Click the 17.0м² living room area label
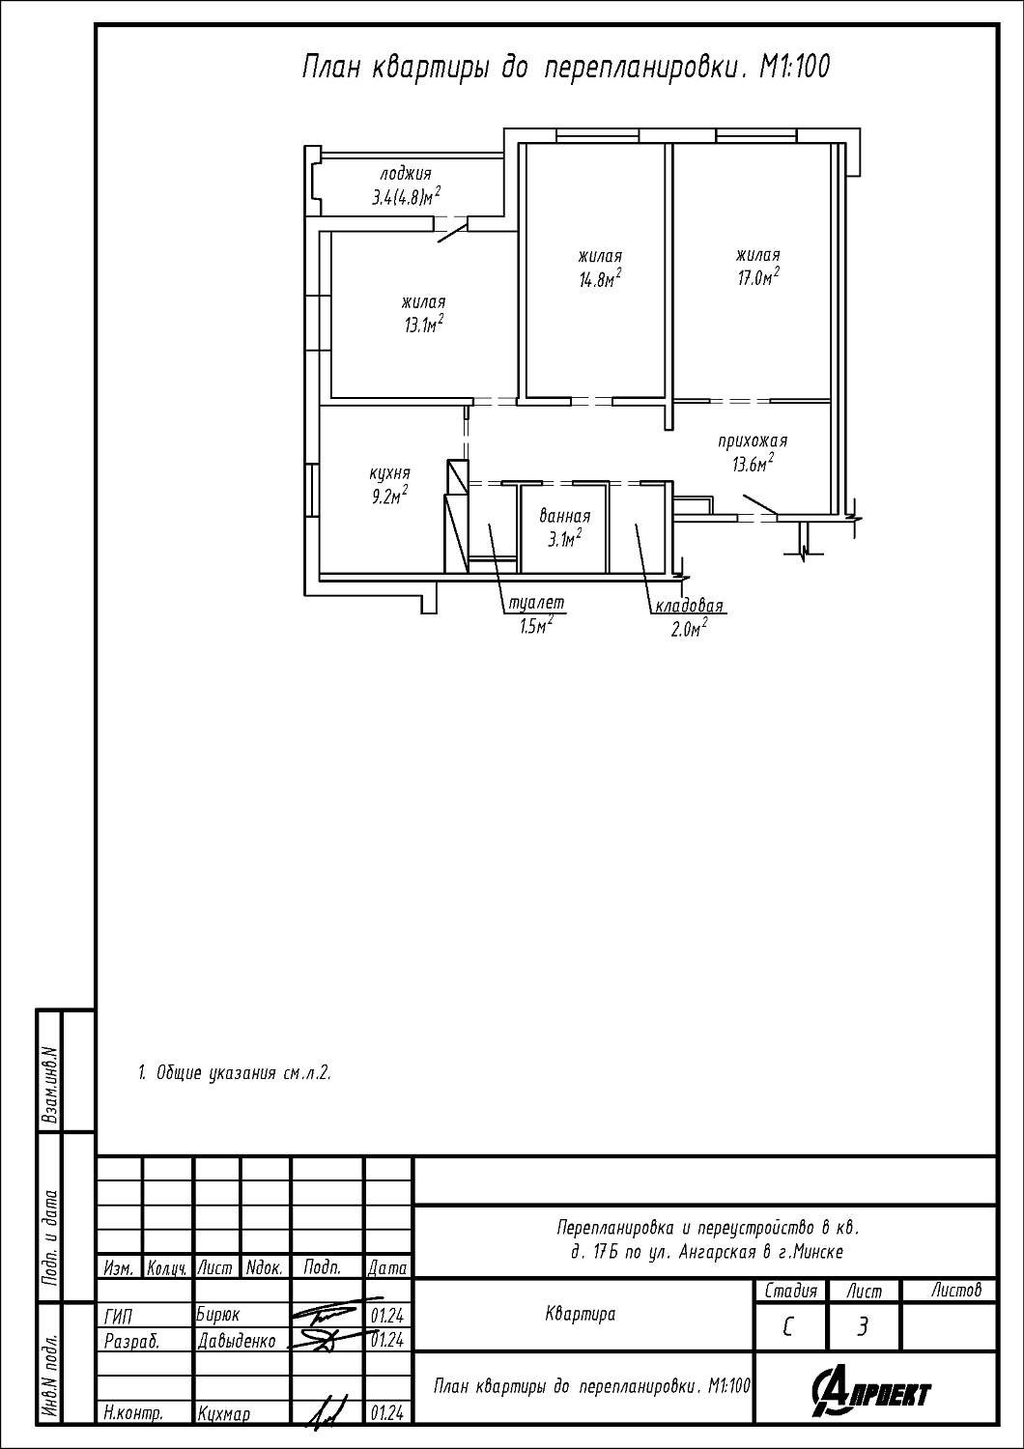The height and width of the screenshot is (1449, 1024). tap(757, 277)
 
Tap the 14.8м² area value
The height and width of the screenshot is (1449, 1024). tap(600, 279)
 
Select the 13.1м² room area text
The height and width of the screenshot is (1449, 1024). tap(424, 324)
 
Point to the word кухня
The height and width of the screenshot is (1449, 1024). tap(389, 473)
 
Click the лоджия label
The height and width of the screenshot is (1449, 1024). tap(406, 173)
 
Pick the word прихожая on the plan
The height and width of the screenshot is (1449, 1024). tap(753, 441)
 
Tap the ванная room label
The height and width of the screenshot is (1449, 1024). tap(565, 516)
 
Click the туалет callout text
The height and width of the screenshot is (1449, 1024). tap(536, 602)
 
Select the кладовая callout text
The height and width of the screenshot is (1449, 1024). tap(689, 606)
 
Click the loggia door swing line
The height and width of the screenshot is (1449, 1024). tap(453, 232)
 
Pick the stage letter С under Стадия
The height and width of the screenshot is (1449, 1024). tap(788, 1327)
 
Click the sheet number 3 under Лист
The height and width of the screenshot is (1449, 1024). tap(863, 1327)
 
